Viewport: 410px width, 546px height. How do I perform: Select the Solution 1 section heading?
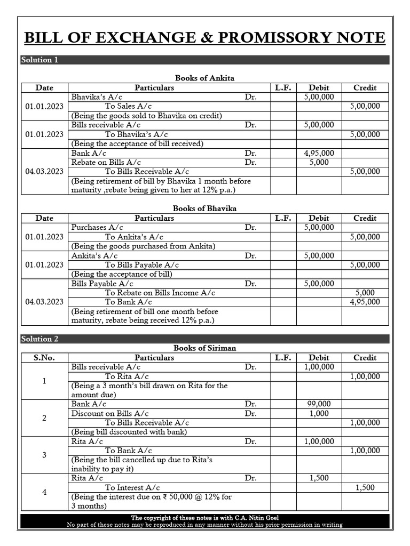tap(40, 60)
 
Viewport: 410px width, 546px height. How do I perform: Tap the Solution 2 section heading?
tap(40, 339)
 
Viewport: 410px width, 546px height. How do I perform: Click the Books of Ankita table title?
tap(204, 78)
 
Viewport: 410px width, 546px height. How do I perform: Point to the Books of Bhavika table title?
tap(204, 208)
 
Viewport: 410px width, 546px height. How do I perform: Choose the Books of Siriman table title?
tap(204, 348)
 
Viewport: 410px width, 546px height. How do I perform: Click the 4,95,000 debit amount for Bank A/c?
tap(319, 153)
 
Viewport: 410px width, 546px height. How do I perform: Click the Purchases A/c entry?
tap(97, 227)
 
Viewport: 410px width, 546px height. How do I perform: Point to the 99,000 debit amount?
tap(319, 404)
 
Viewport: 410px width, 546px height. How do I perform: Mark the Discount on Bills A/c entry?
tap(110, 413)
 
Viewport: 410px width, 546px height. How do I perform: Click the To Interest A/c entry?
tap(132, 487)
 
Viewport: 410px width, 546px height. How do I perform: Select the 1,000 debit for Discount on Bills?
tap(319, 413)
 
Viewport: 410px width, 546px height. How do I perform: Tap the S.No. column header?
tap(44, 357)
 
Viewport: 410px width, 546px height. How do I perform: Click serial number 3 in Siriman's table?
tap(44, 455)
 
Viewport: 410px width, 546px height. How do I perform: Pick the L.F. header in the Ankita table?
tap(283, 87)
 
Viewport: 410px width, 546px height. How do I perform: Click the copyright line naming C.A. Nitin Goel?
tap(204, 518)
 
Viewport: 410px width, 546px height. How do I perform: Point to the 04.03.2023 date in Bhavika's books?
tap(44, 302)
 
